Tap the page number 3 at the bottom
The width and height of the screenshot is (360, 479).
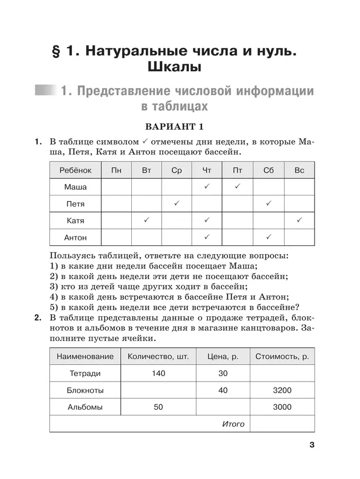click(x=312, y=445)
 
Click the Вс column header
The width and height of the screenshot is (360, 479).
click(x=299, y=170)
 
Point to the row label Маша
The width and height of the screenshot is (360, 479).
click(x=75, y=187)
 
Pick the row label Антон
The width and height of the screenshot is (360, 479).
click(x=75, y=238)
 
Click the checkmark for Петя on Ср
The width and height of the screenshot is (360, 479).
click(x=177, y=204)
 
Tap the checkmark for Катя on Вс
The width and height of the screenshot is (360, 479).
click(x=299, y=220)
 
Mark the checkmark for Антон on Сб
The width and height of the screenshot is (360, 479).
click(x=268, y=238)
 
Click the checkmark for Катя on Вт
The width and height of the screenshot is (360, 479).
click(x=146, y=220)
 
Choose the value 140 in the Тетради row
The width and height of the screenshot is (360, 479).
click(x=158, y=373)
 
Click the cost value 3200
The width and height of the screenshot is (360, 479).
click(x=282, y=390)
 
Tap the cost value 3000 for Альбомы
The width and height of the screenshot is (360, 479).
click(x=282, y=407)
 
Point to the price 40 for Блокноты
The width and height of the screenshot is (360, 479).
click(x=223, y=390)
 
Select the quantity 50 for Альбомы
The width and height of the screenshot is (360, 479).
click(x=158, y=407)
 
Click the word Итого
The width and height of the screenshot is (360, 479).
click(x=233, y=424)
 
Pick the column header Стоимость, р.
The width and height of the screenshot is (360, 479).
click(x=282, y=357)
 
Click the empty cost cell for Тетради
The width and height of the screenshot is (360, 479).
click(x=282, y=373)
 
